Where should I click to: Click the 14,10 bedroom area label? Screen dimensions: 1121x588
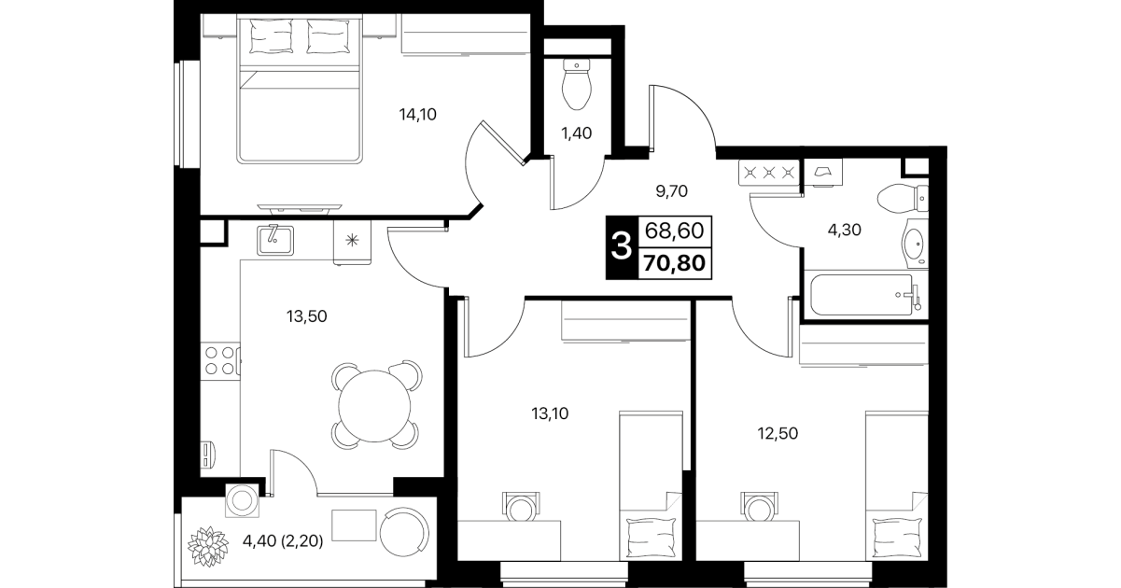pyautogui.click(x=417, y=115)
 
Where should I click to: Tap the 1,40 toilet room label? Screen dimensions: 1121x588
pyautogui.click(x=577, y=133)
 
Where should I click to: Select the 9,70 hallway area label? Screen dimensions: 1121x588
pyautogui.click(x=672, y=190)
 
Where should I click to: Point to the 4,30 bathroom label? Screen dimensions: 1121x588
pyautogui.click(x=845, y=230)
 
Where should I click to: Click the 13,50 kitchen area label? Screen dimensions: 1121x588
pyautogui.click(x=307, y=316)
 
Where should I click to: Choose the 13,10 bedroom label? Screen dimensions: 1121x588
pyautogui.click(x=550, y=413)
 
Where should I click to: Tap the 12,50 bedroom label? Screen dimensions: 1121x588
pyautogui.click(x=778, y=433)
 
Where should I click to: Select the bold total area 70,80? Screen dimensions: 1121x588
pyautogui.click(x=675, y=262)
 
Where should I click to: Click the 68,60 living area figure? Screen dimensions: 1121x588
pyautogui.click(x=675, y=231)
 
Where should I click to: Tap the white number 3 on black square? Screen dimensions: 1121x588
pyautogui.click(x=622, y=247)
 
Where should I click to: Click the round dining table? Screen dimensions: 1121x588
pyautogui.click(x=374, y=405)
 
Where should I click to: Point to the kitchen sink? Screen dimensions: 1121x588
pyautogui.click(x=275, y=240)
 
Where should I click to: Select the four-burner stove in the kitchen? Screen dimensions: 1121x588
pyautogui.click(x=220, y=361)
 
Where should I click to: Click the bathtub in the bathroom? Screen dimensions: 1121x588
pyautogui.click(x=862, y=295)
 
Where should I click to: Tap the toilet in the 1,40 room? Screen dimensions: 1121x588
pyautogui.click(x=577, y=84)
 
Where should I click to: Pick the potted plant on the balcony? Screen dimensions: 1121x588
pyautogui.click(x=208, y=546)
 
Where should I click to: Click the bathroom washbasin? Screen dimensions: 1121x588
pyautogui.click(x=916, y=244)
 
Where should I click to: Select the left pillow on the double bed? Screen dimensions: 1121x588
pyautogui.click(x=271, y=35)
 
